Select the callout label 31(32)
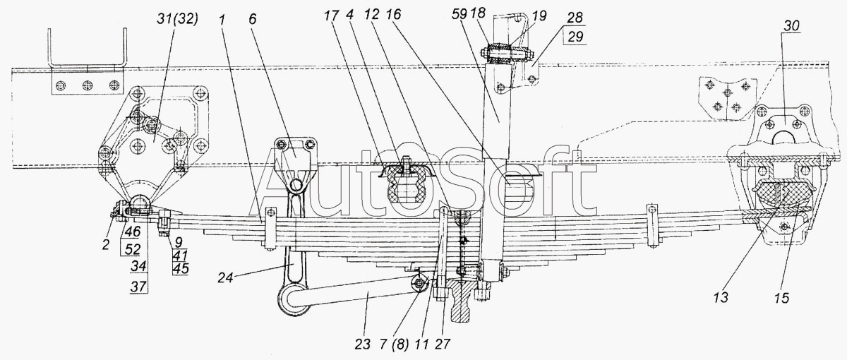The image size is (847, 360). [x=177, y=18]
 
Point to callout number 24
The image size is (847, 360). [x=225, y=278]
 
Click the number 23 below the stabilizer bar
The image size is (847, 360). [x=363, y=344]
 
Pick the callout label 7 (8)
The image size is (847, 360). [x=394, y=344]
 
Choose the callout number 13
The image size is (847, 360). [x=721, y=297]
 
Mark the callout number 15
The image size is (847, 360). [x=781, y=298]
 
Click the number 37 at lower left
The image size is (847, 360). [x=138, y=286]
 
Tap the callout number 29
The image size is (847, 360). [x=575, y=37]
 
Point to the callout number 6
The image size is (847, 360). [x=252, y=18]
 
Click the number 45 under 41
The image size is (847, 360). [x=181, y=268]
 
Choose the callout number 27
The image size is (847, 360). [x=443, y=344]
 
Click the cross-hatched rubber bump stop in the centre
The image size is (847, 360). [x=405, y=186]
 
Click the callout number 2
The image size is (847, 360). [x=105, y=244]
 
